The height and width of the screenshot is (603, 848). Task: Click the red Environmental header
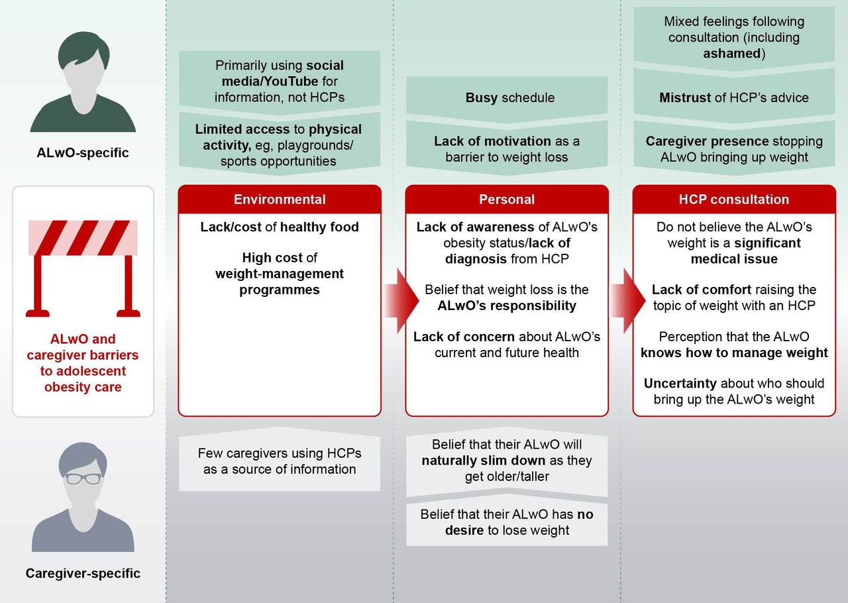tap(280, 199)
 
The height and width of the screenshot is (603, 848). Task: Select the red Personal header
tap(507, 199)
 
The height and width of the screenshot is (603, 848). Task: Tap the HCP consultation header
tap(734, 199)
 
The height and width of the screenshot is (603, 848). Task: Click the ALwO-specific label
tap(83, 152)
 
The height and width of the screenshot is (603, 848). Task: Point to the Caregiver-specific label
tap(83, 573)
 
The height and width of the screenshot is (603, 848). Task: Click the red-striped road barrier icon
tap(83, 268)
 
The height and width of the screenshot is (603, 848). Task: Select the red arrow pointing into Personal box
tap(401, 301)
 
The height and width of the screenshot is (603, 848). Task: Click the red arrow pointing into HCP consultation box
tap(628, 301)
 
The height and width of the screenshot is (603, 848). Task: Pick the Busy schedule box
tap(507, 99)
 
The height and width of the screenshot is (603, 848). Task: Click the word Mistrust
tap(685, 97)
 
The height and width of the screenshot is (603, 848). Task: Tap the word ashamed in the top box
tap(732, 54)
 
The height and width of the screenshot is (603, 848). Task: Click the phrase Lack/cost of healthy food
tap(280, 227)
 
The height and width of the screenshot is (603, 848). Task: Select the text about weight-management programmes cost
tap(280, 274)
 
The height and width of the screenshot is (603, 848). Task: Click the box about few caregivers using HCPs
tap(280, 461)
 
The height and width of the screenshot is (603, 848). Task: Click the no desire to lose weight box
tap(507, 522)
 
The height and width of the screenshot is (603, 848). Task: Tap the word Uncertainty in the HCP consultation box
tap(680, 383)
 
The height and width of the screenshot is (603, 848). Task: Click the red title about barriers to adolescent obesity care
tap(83, 363)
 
